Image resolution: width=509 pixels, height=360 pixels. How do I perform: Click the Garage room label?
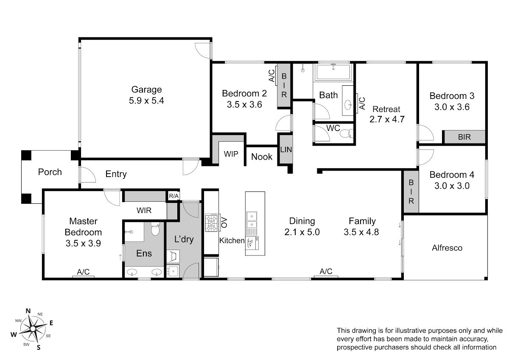tap(147, 90)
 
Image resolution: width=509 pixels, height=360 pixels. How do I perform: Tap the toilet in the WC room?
tap(346, 133)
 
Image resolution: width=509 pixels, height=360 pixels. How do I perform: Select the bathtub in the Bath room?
tap(333, 72)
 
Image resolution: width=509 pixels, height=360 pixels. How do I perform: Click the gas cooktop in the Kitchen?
tap(211, 222)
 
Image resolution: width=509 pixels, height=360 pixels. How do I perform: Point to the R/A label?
tap(174, 196)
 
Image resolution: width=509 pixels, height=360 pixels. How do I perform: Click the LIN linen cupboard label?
tap(286, 149)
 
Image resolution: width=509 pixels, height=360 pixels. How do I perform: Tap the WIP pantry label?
tap(231, 154)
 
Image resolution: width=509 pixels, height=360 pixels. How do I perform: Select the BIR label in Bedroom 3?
tap(464, 137)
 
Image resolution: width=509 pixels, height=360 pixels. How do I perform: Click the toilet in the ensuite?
tap(155, 229)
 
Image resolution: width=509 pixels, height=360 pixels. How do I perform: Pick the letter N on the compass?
tap(28, 311)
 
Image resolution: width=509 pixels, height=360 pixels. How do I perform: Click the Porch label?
tap(50, 172)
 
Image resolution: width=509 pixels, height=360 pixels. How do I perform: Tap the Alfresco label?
tap(447, 247)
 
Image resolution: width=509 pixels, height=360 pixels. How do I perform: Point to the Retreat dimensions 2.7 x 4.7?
tap(387, 119)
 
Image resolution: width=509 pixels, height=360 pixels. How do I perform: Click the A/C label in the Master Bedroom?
tap(83, 272)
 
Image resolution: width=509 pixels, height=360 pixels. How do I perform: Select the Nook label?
tap(262, 157)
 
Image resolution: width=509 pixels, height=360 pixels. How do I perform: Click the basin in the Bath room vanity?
tap(348, 105)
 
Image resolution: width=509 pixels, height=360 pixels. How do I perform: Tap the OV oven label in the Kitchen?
tap(224, 222)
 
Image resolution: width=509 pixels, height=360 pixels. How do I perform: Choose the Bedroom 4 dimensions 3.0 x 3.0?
tap(452, 186)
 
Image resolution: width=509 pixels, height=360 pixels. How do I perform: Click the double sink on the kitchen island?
tap(252, 220)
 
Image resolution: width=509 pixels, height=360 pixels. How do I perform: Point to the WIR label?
tap(144, 211)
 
